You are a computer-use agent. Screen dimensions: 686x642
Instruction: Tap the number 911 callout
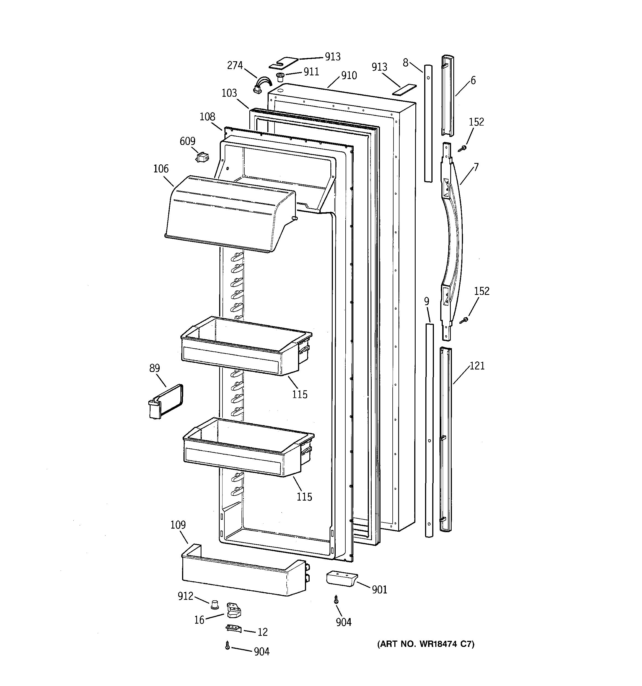coord(311,72)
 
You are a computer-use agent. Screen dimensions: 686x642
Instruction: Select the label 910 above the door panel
coord(349,76)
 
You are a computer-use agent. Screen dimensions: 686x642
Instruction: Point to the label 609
coord(187,141)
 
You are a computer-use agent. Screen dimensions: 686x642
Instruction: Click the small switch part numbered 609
coord(202,158)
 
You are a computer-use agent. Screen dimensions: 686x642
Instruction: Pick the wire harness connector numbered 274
coord(262,86)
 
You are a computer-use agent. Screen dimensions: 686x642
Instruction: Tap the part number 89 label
coord(154,368)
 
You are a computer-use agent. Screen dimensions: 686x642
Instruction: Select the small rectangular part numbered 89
coord(165,402)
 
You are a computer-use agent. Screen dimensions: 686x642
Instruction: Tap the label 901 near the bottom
coord(379,590)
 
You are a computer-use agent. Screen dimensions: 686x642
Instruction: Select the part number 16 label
coord(199,620)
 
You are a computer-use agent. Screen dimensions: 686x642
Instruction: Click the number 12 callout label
coord(262,632)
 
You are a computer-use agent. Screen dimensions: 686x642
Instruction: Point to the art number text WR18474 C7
coord(426,644)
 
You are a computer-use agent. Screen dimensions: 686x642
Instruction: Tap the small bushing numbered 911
coord(281,76)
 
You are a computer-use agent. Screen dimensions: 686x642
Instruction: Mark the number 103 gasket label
coord(229,93)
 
